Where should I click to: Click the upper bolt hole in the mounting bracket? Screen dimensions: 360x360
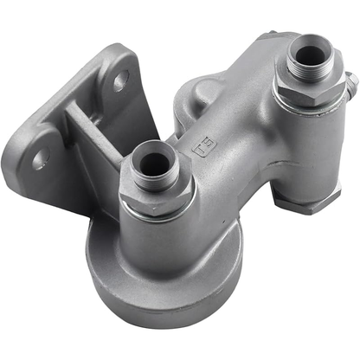(120, 84)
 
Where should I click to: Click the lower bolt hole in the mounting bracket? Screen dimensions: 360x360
(41, 159)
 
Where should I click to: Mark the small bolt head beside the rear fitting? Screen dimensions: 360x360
(350, 83)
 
